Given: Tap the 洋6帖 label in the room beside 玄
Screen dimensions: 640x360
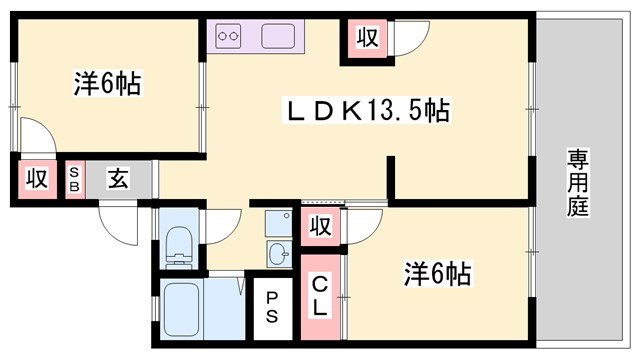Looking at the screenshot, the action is click(x=106, y=84).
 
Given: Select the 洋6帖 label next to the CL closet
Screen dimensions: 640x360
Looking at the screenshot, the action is click(x=437, y=272).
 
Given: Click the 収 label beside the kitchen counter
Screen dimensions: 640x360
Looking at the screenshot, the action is click(x=367, y=38).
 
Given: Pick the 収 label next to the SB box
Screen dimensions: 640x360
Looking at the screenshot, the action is click(x=37, y=180).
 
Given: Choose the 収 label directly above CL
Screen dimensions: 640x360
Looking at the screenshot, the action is click(x=319, y=226).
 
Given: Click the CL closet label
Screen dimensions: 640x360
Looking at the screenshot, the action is click(x=319, y=297).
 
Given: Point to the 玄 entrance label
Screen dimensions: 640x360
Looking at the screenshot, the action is click(x=117, y=180).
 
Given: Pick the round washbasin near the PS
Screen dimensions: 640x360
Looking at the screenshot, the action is click(x=277, y=251).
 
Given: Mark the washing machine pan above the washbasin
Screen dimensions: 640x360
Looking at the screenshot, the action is click(x=277, y=221).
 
